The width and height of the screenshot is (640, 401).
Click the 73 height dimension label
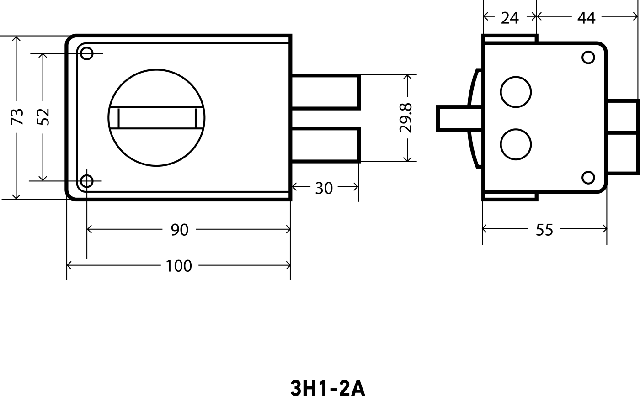pyautogui.click(x=17, y=116)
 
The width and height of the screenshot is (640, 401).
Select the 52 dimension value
pyautogui.click(x=43, y=117)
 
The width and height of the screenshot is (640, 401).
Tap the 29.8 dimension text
pyautogui.click(x=406, y=118)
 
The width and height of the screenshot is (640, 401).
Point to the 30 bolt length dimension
pyautogui.click(x=324, y=188)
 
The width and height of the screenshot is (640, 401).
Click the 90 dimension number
pyautogui.click(x=180, y=230)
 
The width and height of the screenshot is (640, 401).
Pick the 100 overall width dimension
pyautogui.click(x=179, y=266)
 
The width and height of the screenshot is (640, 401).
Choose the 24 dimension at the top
pyautogui.click(x=510, y=18)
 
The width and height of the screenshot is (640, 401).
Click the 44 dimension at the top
pyautogui.click(x=586, y=18)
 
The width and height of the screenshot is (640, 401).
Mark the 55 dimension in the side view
pyautogui.click(x=544, y=230)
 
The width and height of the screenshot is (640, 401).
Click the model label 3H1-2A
pyautogui.click(x=328, y=389)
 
